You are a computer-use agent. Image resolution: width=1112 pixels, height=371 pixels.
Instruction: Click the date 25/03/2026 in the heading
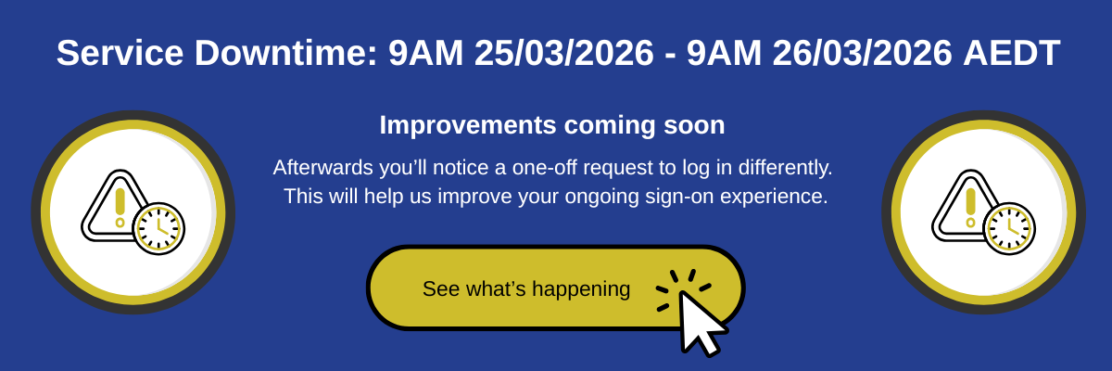click(564, 53)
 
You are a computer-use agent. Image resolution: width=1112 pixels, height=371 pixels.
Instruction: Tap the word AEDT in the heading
click(1012, 53)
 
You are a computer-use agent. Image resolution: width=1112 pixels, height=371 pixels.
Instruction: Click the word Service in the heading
click(120, 53)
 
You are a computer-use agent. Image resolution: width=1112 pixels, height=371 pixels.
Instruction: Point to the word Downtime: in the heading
click(286, 53)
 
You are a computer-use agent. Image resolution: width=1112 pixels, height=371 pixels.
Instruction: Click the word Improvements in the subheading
click(468, 125)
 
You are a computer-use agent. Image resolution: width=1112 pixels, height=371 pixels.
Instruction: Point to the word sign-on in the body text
click(679, 197)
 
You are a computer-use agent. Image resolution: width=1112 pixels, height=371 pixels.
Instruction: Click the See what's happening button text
click(526, 289)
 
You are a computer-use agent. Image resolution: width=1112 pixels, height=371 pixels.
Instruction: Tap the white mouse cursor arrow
click(699, 321)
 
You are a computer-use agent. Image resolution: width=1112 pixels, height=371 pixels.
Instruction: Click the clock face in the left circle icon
click(158, 228)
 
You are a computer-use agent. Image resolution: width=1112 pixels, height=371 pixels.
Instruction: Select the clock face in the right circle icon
click(1010, 228)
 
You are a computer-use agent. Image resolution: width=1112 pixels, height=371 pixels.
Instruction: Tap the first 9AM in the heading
click(426, 53)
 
